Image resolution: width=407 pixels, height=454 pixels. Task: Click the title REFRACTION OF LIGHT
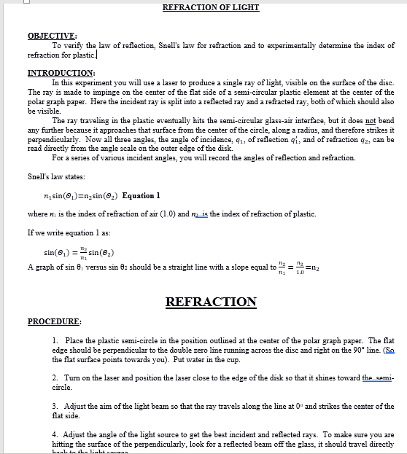point(210,7)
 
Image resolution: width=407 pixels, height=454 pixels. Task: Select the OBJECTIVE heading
point(52,36)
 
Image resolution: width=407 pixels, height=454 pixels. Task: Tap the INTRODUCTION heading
point(61,73)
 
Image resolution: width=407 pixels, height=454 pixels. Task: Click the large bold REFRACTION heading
point(211,302)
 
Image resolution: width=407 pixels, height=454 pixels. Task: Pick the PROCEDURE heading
point(54,321)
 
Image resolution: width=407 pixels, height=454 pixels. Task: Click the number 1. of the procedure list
point(56,341)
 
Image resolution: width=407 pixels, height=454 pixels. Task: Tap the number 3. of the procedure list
point(56,404)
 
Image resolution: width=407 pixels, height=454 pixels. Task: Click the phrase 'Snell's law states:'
point(56,177)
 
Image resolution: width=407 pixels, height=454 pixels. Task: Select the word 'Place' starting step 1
point(74,341)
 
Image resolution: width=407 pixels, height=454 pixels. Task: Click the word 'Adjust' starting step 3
point(77,404)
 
